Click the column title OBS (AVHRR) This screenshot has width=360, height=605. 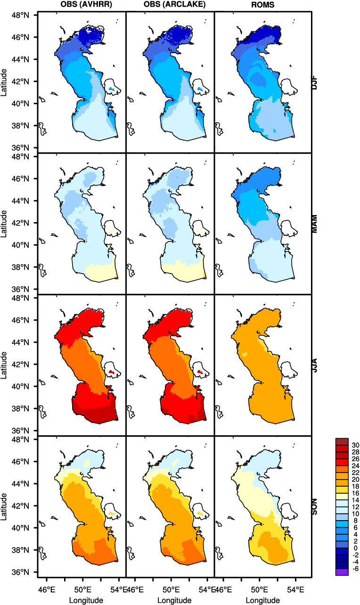click(x=82, y=4)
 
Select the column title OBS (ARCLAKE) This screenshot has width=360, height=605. click(x=170, y=4)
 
